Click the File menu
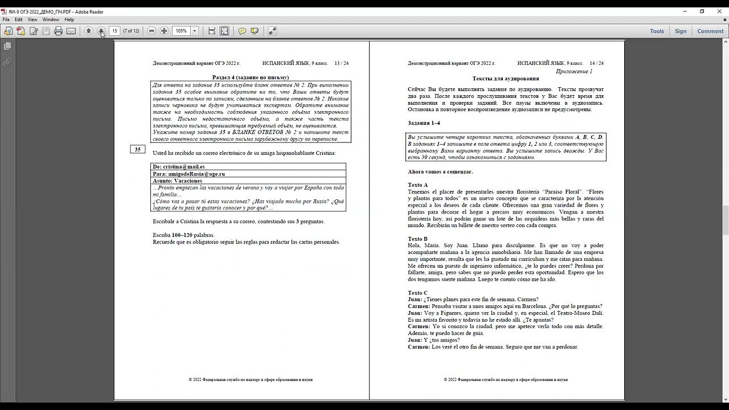pos(6,19)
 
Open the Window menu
pos(51,19)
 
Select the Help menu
pos(69,19)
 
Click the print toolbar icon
pos(58,31)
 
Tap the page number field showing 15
pos(114,31)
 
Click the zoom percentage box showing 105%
pos(181,31)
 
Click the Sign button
pos(681,31)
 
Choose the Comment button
pos(710,31)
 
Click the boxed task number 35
pos(137,149)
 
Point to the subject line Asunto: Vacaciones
pos(177,181)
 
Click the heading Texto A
pos(417,185)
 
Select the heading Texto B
pos(417,239)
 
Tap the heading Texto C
pos(417,293)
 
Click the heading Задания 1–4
pos(424,123)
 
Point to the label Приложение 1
pos(574,72)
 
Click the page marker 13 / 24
pos(341,63)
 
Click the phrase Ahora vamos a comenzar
pos(440,171)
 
